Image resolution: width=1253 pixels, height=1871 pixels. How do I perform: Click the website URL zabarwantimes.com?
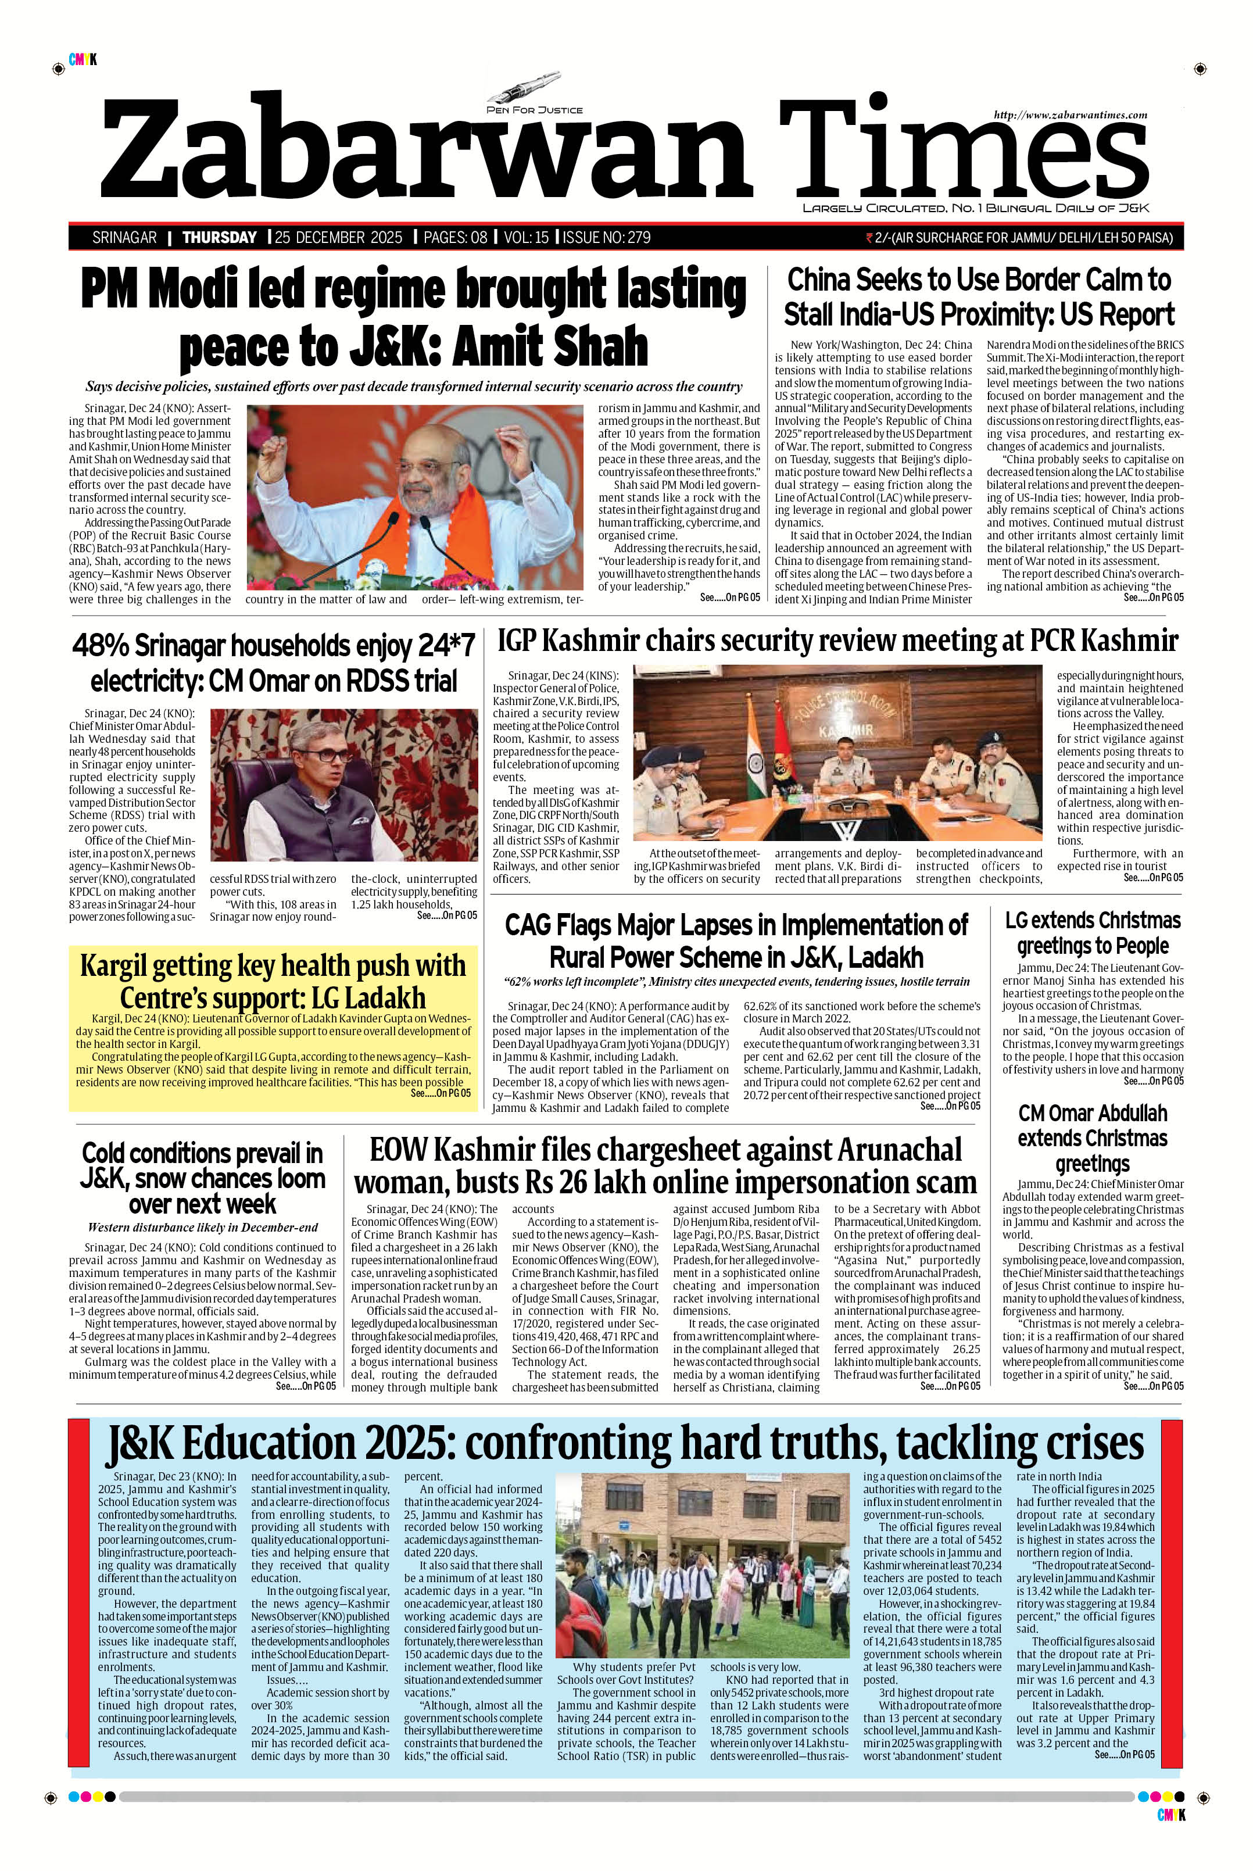coord(1070,115)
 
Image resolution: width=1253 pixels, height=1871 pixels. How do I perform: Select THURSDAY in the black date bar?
coord(220,237)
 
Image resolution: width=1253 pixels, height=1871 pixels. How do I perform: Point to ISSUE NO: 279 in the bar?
coord(607,237)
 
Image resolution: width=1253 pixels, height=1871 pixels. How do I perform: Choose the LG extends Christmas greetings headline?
coord(1093,933)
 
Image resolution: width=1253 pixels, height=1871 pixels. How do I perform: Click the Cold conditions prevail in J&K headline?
coord(202,1178)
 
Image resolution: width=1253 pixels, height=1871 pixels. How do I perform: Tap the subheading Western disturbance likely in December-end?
coord(202,1227)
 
